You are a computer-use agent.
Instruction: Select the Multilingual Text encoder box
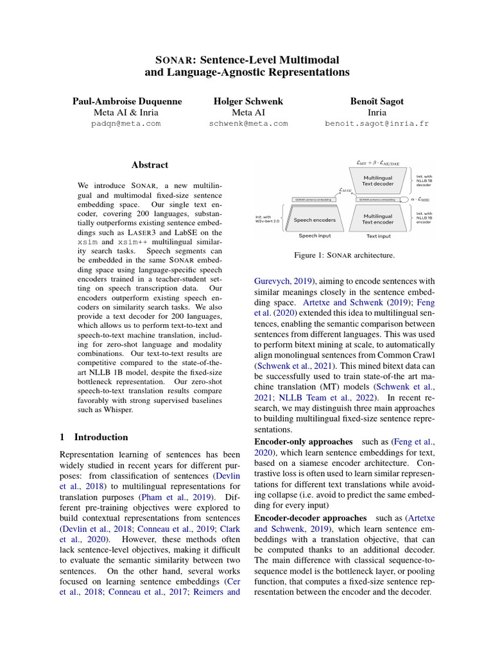click(x=378, y=219)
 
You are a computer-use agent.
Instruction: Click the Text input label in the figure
click(x=378, y=236)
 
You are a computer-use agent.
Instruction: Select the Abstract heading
click(x=150, y=165)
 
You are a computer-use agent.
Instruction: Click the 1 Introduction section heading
click(x=94, y=437)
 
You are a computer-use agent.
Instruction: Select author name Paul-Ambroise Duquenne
click(x=127, y=101)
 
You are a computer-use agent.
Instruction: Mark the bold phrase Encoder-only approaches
click(x=304, y=442)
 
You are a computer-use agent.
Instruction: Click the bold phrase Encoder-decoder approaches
click(x=311, y=517)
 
